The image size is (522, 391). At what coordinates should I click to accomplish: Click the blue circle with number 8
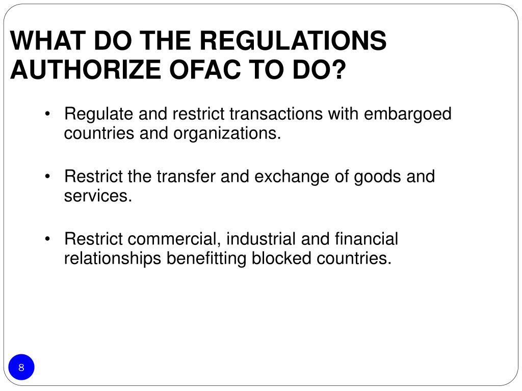(x=21, y=368)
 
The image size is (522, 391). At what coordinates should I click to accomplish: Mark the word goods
(x=378, y=177)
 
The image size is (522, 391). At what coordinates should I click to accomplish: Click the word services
(x=97, y=196)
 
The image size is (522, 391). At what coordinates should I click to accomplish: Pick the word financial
(x=367, y=239)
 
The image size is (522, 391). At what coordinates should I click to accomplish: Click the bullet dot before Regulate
(x=47, y=115)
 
